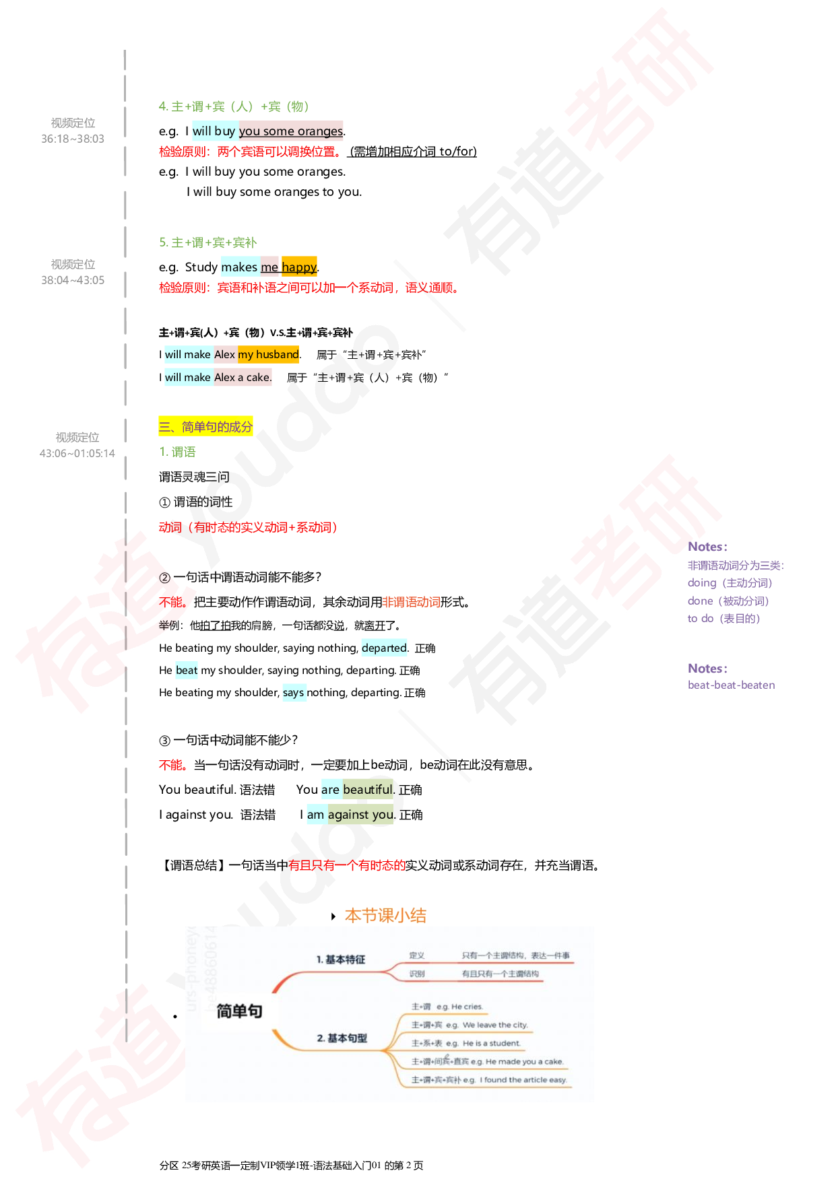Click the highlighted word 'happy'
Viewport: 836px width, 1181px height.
299,267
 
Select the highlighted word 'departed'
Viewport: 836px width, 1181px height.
384,648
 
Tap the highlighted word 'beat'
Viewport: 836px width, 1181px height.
187,670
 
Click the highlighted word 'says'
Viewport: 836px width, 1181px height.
294,692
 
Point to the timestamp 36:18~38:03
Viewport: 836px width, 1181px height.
73,139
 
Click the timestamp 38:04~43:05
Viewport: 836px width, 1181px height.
73,280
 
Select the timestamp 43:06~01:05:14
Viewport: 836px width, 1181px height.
77,453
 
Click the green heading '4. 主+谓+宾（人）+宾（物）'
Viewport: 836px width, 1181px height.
234,106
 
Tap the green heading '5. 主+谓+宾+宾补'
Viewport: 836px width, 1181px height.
208,242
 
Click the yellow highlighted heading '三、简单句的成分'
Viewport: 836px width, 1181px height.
205,426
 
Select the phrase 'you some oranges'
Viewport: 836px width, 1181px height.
291,131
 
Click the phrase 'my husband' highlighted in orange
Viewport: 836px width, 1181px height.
268,354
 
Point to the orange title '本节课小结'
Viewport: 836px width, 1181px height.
386,916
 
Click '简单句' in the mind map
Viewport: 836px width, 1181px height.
239,1011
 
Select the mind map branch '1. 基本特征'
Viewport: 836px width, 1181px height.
341,959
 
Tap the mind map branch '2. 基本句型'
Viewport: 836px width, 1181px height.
342,1038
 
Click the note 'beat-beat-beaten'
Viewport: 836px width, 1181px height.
731,685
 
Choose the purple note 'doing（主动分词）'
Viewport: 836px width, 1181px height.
730,583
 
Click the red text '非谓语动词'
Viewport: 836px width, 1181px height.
411,602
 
